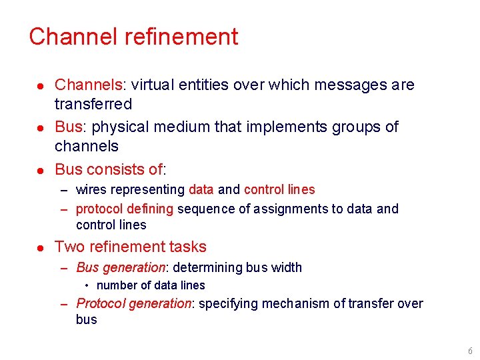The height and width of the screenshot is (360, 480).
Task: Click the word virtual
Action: point(152,85)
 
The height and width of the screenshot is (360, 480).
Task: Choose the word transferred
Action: point(93,104)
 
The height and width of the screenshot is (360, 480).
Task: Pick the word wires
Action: point(91,190)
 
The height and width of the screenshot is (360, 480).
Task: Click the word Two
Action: point(69,247)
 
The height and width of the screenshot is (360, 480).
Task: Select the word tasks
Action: point(188,247)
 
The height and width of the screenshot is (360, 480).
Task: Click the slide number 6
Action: point(469,351)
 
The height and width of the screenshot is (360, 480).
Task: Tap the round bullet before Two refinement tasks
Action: point(40,247)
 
